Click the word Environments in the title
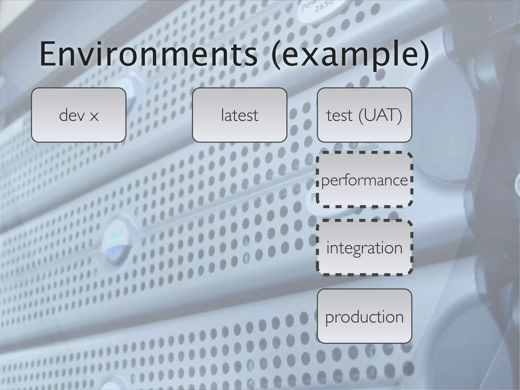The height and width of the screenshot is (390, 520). tap(149, 55)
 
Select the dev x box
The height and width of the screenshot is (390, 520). tap(79, 115)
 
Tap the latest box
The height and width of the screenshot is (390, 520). tap(239, 115)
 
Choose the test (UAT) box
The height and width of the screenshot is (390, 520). tap(364, 115)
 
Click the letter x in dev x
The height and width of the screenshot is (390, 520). tap(94, 117)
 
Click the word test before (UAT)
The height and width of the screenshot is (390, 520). tap(339, 116)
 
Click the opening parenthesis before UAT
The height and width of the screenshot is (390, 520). tap(362, 116)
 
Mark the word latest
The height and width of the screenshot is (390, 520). tap(239, 115)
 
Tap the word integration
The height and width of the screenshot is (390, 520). tap(364, 248)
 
